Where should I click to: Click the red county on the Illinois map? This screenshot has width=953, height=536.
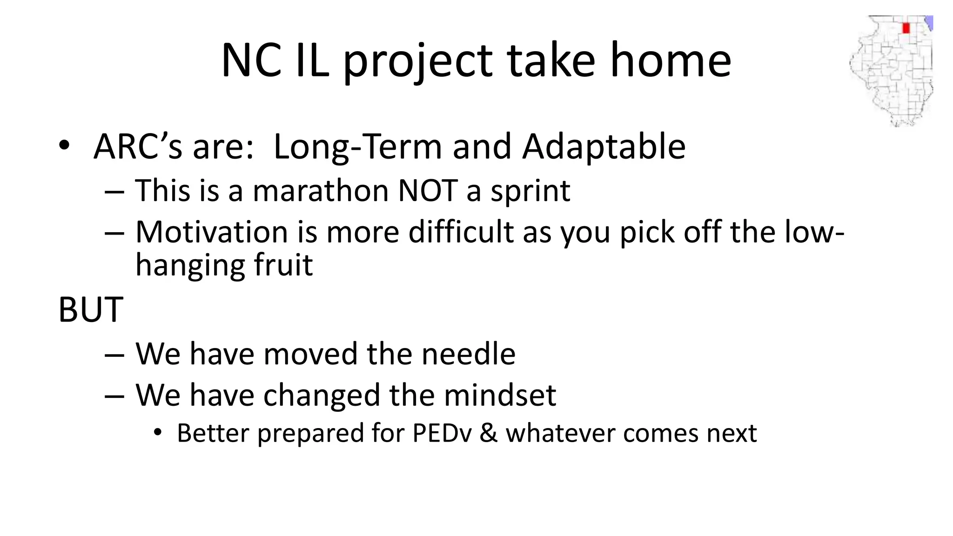pyautogui.click(x=906, y=28)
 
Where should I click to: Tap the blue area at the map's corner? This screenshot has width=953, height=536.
pyautogui.click(x=929, y=22)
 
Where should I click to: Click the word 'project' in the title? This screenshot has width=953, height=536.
pyautogui.click(x=417, y=61)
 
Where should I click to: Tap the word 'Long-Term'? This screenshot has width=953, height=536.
pyautogui.click(x=357, y=147)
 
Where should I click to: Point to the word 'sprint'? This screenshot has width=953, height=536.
pyautogui.click(x=530, y=192)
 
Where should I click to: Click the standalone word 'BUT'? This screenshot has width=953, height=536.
pyautogui.click(x=91, y=310)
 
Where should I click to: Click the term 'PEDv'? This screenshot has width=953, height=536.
pyautogui.click(x=442, y=434)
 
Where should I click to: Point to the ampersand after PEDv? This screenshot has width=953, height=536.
pyautogui.click(x=488, y=434)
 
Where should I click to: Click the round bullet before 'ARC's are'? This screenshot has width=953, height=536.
pyautogui.click(x=64, y=145)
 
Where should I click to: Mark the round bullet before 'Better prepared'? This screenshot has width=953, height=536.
pyautogui.click(x=158, y=432)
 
